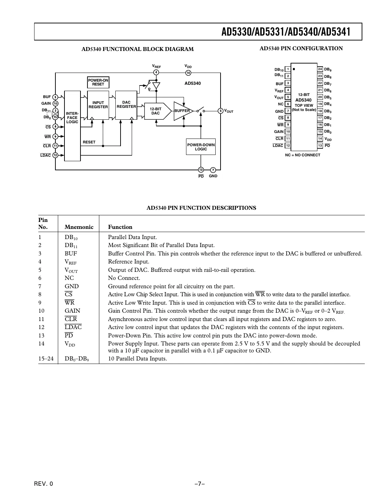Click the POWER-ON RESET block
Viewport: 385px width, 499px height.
point(98,82)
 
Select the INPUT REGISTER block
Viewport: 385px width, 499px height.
point(98,105)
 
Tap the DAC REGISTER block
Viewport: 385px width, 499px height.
point(126,105)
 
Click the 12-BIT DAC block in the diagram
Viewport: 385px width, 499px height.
point(156,111)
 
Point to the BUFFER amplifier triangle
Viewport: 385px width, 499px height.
point(183,111)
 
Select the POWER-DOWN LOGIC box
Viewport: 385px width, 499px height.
point(201,147)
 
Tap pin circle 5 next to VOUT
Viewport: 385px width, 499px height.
point(220,111)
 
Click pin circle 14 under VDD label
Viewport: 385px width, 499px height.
point(188,73)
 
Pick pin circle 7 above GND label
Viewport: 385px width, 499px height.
point(213,170)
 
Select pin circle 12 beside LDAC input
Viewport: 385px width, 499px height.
point(55,155)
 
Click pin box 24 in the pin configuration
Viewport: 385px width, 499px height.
point(320,69)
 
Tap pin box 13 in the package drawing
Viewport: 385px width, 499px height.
point(320,146)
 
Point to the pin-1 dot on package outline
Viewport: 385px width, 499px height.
point(294,69)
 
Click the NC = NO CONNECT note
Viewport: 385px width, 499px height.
point(302,155)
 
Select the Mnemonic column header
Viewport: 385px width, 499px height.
point(79,227)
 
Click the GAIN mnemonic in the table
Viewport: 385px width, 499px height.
point(72,311)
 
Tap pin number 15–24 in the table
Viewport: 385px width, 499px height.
point(46,358)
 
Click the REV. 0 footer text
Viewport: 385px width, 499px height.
point(44,484)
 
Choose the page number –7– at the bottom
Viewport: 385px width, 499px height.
point(199,484)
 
